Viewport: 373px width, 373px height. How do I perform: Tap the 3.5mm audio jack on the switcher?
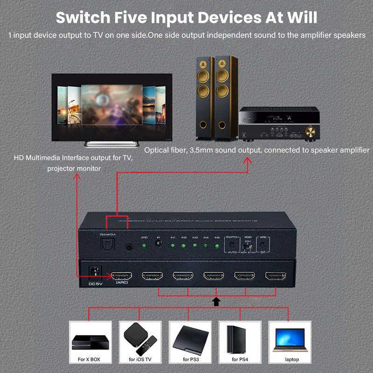[x=128, y=248]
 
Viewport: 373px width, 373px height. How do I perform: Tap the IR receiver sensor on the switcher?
[x=159, y=245]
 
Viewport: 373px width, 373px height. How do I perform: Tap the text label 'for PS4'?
[x=241, y=359]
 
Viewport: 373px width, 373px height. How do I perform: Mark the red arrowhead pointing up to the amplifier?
[x=247, y=161]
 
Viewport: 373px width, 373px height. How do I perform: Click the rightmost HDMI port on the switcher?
[x=275, y=276]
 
